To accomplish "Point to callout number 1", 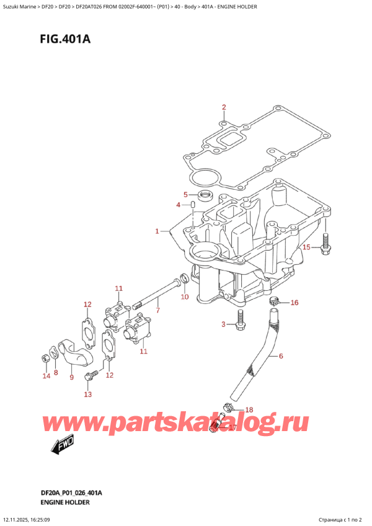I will pos(158,231).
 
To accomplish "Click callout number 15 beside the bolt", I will pos(306,247).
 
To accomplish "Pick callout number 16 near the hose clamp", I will pos(294,303).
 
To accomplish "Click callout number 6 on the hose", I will pos(280,356).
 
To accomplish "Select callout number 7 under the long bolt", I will pos(158,310).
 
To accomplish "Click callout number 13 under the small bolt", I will pos(87,394).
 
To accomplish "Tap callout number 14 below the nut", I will pos(44,377).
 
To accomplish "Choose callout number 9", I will pos(71,377).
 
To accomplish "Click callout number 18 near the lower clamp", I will pos(249,409).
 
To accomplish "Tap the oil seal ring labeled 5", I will pos(201,196).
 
